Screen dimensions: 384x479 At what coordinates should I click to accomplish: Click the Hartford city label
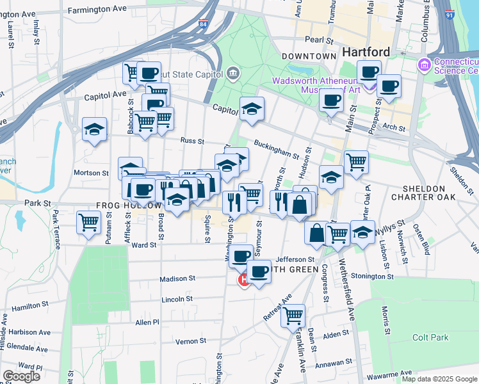366,52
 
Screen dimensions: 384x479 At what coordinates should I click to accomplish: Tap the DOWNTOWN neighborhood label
309,56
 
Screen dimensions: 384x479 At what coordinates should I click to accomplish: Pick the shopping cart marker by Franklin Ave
293,315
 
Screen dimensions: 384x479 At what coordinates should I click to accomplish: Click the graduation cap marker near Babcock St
94,129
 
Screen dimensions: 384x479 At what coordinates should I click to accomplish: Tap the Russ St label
191,141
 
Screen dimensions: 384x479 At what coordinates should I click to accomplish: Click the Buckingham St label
277,149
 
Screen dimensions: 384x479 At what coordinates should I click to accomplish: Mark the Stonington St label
371,276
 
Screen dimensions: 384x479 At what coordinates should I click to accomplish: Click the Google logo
21,376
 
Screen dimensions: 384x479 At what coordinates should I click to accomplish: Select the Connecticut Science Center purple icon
423,65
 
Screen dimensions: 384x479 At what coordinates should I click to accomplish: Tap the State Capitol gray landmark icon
232,72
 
